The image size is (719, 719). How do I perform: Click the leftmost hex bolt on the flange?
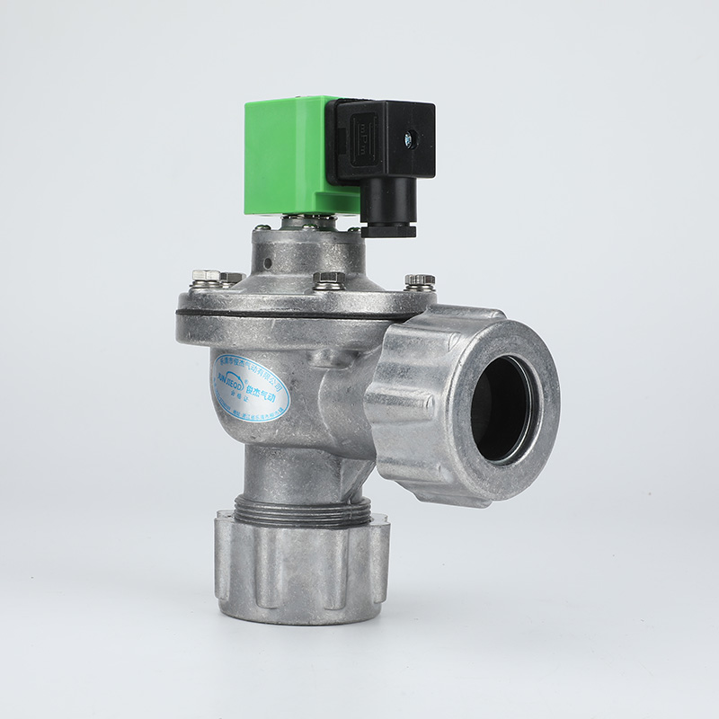(206, 277)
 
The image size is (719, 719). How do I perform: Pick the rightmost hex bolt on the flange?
(419, 281)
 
